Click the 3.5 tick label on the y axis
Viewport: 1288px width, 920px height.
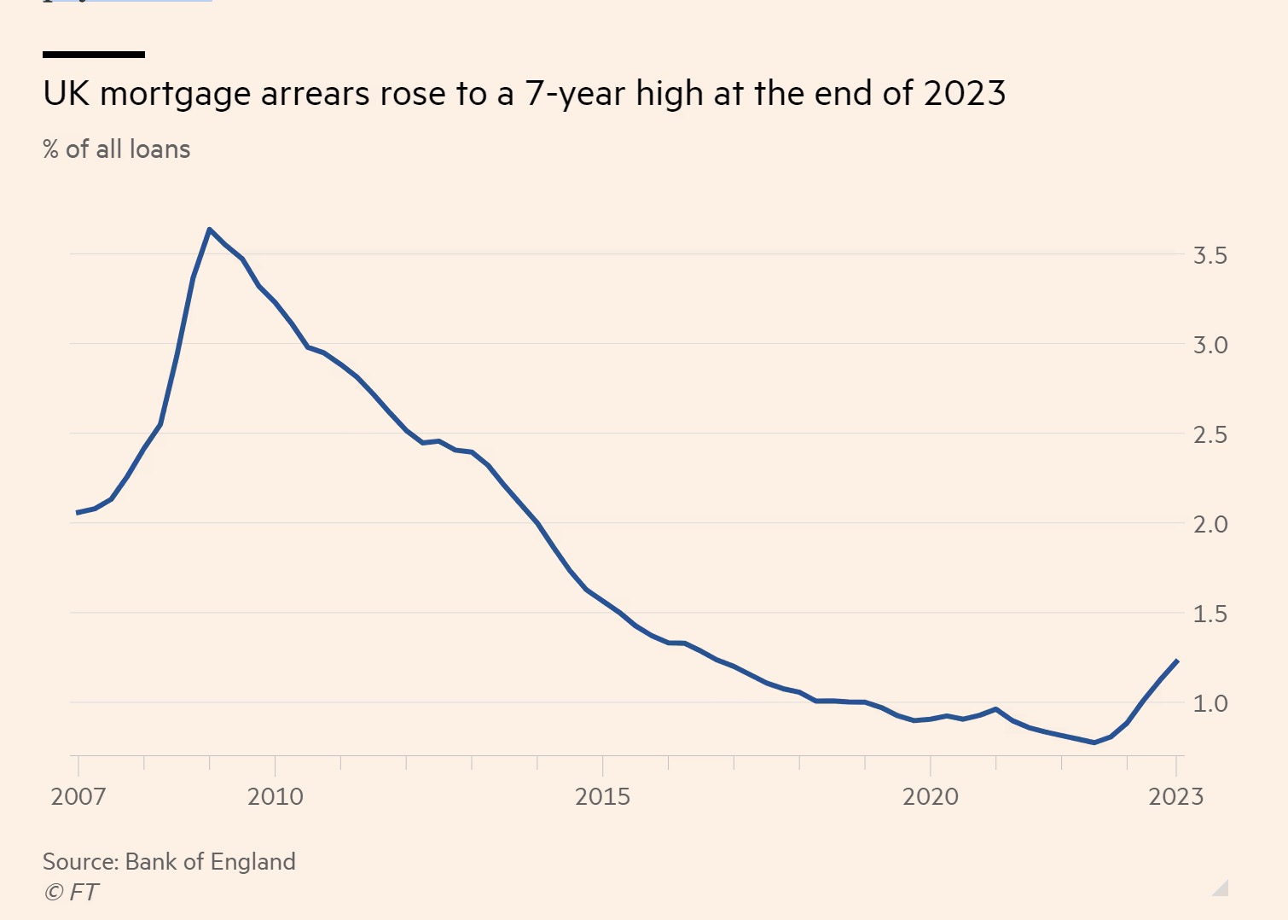click(1210, 255)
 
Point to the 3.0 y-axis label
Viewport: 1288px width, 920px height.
click(1210, 345)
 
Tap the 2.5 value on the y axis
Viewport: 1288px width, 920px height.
click(1210, 434)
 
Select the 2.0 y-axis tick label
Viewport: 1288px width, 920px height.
click(1210, 524)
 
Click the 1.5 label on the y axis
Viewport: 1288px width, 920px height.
click(1210, 614)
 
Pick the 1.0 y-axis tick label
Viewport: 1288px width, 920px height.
click(1210, 703)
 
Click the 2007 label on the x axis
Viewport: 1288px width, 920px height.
click(78, 796)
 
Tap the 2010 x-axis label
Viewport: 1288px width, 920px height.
click(275, 796)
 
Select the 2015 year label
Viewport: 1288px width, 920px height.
click(602, 796)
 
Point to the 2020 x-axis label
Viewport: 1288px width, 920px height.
click(930, 796)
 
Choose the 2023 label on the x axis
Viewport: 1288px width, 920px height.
click(1175, 796)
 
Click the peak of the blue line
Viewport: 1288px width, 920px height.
click(209, 229)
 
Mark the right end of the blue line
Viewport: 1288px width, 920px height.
click(1177, 661)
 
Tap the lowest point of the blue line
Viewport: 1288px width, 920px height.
click(1094, 742)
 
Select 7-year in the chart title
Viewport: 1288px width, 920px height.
click(576, 93)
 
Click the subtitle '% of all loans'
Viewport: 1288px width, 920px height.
click(117, 149)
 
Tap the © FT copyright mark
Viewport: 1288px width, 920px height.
click(71, 892)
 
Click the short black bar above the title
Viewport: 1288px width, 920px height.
click(94, 55)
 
